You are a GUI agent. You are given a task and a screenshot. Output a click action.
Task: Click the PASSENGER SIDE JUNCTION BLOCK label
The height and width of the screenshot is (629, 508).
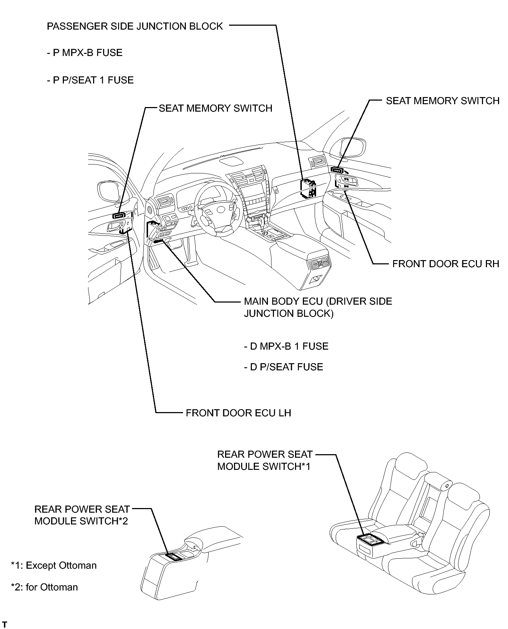[x=135, y=26]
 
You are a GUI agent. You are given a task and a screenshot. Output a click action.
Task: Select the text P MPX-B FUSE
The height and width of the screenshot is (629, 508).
[x=85, y=53]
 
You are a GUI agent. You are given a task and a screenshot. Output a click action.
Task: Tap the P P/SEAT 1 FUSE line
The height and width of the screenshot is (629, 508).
[x=90, y=80]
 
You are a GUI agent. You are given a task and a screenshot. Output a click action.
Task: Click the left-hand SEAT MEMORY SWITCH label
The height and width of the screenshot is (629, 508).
[x=215, y=108]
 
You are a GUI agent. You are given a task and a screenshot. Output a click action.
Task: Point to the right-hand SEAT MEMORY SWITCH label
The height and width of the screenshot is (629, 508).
[x=443, y=101]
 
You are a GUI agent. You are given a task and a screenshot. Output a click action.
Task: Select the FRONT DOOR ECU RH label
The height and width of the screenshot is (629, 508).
[x=446, y=264]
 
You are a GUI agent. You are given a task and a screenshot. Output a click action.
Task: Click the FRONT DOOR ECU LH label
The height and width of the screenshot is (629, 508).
[x=238, y=413]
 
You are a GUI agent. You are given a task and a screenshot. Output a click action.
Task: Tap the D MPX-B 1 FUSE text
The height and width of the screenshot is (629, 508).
[x=286, y=346]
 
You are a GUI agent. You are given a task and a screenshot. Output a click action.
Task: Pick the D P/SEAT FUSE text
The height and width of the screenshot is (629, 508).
[x=284, y=367]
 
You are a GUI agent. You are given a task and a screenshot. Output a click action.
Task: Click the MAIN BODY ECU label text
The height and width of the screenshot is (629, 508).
[x=318, y=308]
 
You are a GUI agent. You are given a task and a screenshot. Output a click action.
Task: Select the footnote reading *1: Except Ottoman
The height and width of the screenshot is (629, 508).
[x=54, y=565]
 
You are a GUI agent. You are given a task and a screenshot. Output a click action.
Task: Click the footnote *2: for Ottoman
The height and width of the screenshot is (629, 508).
[x=45, y=587]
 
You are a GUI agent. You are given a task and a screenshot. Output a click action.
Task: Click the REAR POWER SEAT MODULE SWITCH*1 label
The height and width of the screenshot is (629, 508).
[x=265, y=461]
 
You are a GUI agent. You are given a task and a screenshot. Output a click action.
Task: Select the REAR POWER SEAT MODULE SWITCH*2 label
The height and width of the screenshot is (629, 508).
[x=82, y=515]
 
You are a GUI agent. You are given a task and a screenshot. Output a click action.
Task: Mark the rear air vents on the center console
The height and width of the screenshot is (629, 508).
[x=319, y=264]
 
